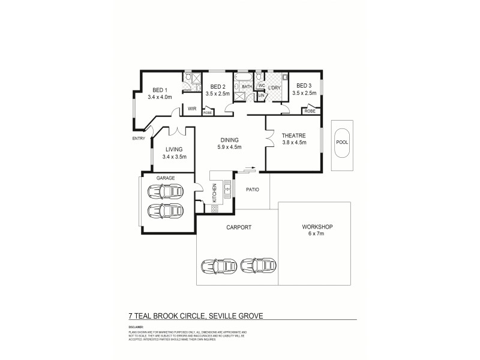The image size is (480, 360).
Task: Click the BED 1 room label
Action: pos(160,88)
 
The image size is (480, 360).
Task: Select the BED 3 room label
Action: pos(304,86)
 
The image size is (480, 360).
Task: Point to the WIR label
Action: pos(192,109)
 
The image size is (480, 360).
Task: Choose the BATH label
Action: pos(247,86)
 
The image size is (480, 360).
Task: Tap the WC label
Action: pos(262,85)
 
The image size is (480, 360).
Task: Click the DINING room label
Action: pos(230,139)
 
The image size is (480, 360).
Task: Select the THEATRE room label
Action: pos(295,135)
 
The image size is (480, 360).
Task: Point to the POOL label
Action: pos(342,143)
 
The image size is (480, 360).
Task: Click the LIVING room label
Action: pos(174,149)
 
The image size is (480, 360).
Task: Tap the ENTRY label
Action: pos(139,139)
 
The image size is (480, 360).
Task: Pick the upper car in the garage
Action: pos(165,192)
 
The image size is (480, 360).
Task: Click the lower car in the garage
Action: pos(165,212)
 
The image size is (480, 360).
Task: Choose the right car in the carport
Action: pos(258,265)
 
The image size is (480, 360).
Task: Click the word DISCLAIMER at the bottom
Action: pos(137,327)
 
